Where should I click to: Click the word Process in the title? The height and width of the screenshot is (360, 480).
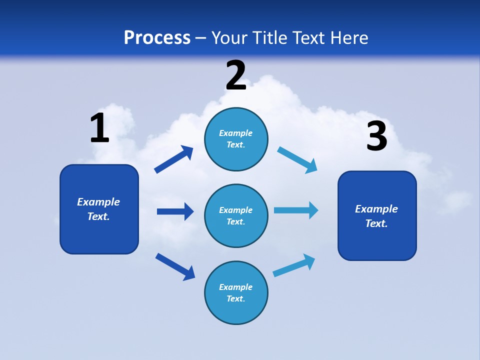[157, 38]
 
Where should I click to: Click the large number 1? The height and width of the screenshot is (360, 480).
[99, 128]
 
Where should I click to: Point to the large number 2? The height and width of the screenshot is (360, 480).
[236, 75]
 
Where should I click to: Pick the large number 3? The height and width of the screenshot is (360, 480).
[376, 136]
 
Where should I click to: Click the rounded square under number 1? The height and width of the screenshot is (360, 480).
[99, 209]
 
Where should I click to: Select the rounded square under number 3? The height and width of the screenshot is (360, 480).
[377, 216]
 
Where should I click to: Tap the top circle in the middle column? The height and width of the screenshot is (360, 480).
[236, 139]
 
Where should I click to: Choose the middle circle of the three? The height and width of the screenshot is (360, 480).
[236, 215]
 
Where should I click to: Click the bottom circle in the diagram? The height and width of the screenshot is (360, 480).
[236, 292]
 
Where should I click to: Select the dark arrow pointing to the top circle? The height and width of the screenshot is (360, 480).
[174, 159]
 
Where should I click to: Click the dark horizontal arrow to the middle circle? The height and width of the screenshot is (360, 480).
[175, 211]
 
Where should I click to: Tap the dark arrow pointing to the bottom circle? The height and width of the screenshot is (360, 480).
[175, 266]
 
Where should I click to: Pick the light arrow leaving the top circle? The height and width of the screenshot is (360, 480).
[297, 159]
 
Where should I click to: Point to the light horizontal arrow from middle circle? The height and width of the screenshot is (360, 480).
[296, 210]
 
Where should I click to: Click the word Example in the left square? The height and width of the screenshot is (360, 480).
[98, 202]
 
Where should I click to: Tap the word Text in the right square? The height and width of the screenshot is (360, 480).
[376, 223]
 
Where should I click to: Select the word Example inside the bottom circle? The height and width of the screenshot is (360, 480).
[235, 287]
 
